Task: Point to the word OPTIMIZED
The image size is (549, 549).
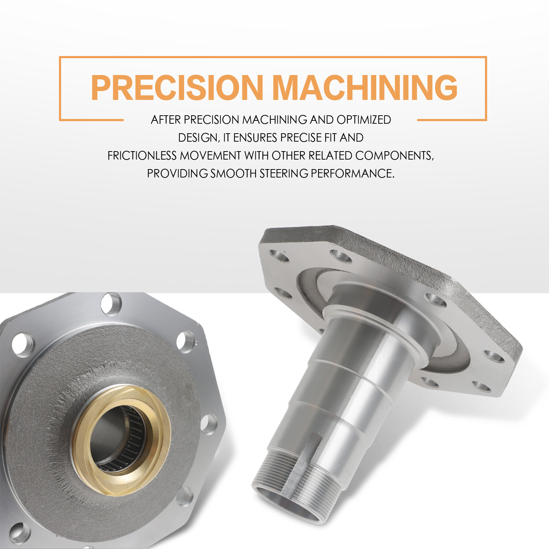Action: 364,120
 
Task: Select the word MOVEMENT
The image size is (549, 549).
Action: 210,156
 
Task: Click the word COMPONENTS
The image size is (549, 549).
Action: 395,156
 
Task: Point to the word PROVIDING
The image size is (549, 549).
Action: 177,173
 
